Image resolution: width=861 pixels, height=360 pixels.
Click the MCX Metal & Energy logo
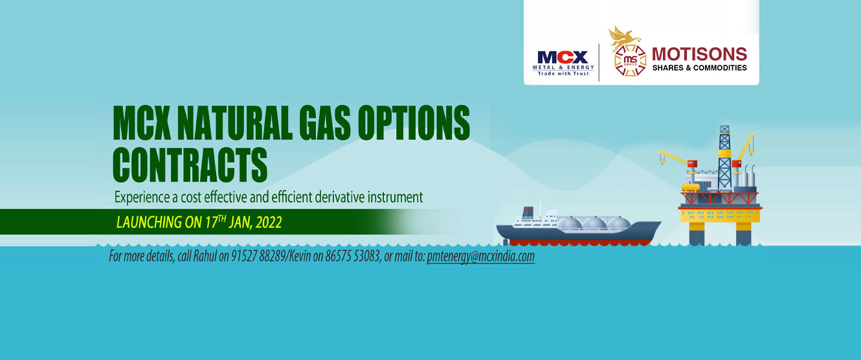(563, 63)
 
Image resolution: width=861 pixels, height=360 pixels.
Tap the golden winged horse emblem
(623, 37)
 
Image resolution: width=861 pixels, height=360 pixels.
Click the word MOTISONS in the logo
(699, 54)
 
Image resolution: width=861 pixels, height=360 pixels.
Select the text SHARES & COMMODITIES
(699, 68)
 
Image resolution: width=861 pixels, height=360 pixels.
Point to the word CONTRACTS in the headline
(190, 164)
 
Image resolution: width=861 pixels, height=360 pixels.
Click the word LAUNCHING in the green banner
(149, 222)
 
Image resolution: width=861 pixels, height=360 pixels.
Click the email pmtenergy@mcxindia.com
(480, 256)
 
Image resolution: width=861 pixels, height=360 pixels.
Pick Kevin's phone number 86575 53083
(352, 256)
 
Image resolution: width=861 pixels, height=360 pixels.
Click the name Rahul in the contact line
(205, 256)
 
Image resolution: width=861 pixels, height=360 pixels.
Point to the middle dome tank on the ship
(594, 223)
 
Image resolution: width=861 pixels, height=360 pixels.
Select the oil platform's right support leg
(743, 234)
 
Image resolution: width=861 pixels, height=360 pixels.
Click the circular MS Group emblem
(630, 60)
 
